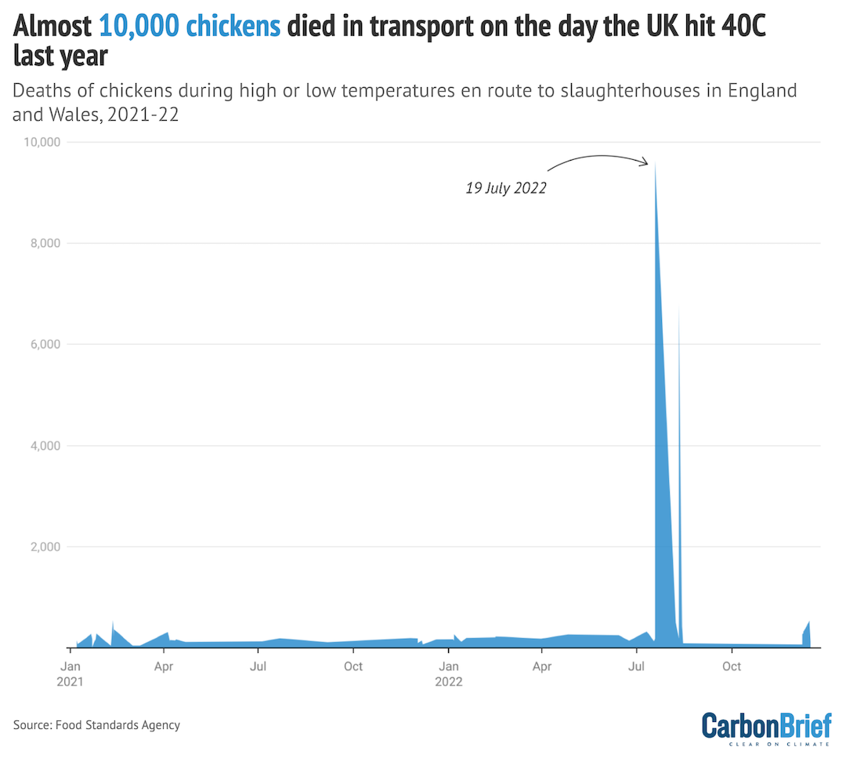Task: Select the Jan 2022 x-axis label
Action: point(449,673)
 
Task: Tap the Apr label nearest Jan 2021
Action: point(164,666)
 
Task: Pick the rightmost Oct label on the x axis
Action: point(732,666)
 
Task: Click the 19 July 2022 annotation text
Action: point(505,189)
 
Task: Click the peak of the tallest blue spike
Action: point(655,165)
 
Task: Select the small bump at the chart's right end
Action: point(807,632)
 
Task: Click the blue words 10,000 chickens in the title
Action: point(190,27)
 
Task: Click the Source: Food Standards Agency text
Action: point(96,725)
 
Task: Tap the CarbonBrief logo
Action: point(765,726)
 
